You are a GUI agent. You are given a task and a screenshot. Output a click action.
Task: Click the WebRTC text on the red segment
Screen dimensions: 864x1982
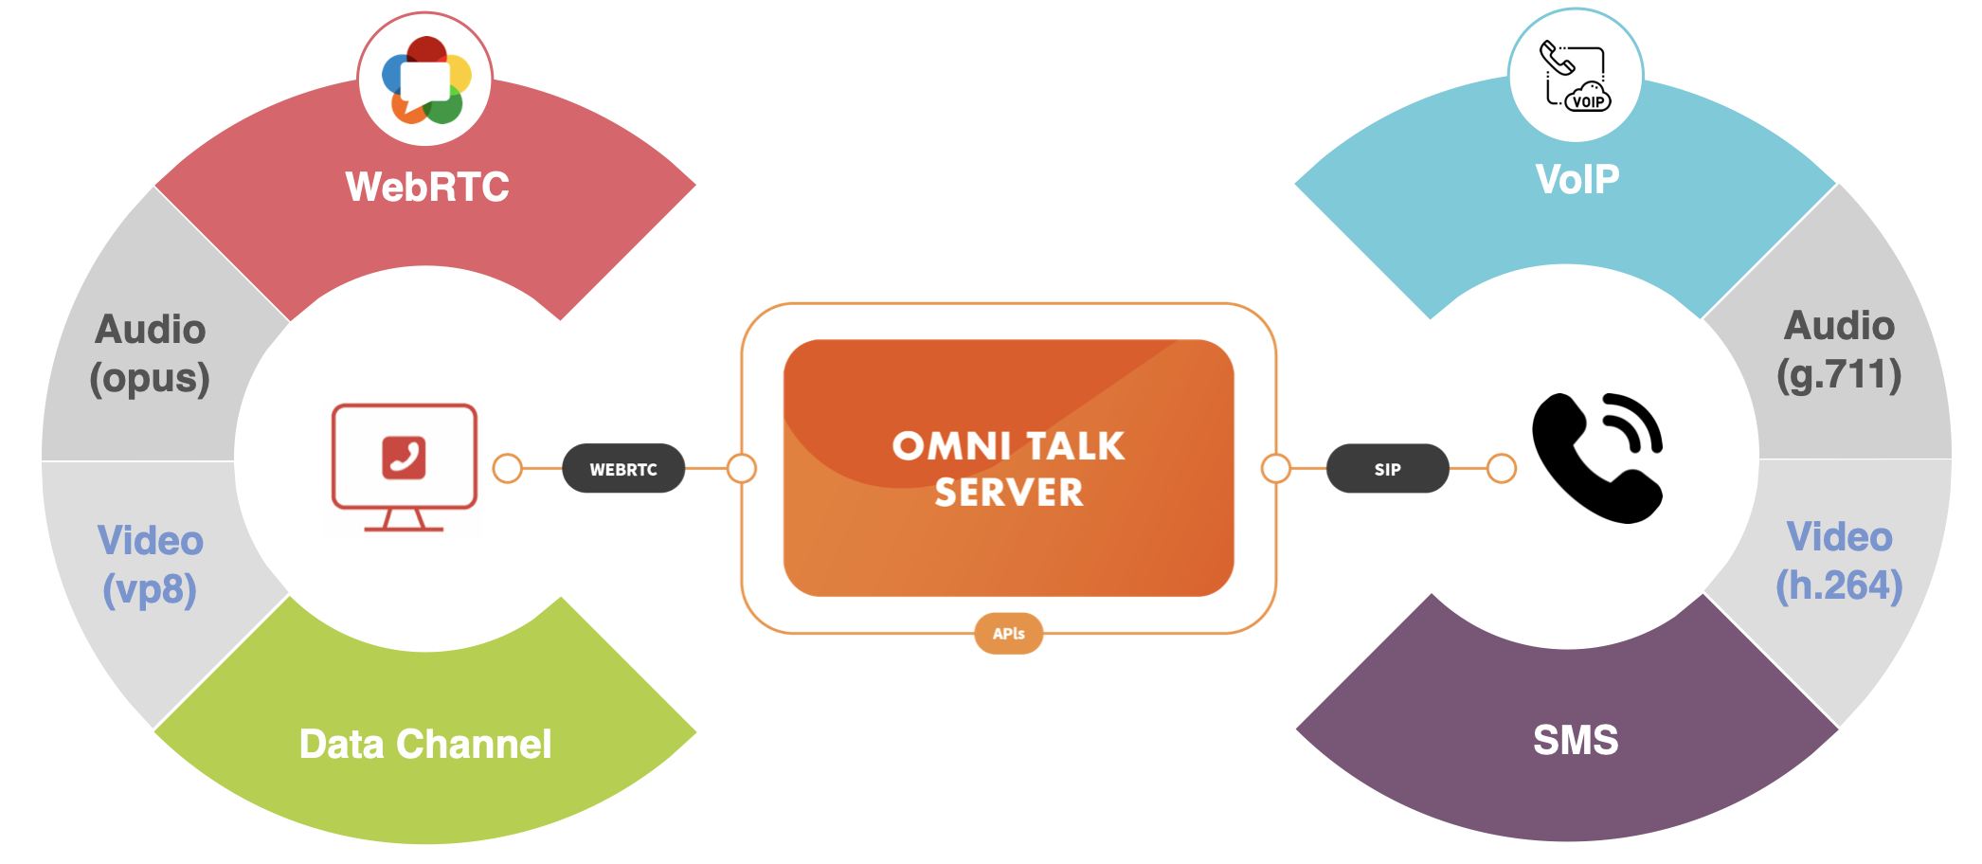(427, 187)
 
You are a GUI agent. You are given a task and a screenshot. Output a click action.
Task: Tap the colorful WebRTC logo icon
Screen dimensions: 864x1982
(425, 81)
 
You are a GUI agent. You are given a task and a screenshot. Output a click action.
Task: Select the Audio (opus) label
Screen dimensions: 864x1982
(150, 353)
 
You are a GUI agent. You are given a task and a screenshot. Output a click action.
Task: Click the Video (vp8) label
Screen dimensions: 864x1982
(150, 565)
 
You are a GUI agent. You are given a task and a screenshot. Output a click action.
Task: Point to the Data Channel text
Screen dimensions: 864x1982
(425, 744)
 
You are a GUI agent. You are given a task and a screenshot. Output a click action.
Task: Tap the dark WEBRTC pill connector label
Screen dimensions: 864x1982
(623, 469)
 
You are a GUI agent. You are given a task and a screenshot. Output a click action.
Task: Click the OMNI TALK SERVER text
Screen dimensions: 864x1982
(1009, 469)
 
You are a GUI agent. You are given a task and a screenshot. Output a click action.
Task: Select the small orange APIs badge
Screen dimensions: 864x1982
(1009, 634)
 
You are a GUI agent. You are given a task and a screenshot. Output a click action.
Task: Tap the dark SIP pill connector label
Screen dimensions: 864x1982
(1387, 469)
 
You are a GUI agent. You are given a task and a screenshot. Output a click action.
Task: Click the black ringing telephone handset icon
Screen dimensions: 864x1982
(1597, 458)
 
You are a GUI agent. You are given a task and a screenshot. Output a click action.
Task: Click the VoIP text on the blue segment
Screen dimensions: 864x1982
(1577, 179)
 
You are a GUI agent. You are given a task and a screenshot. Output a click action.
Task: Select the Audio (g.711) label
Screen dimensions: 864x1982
(1839, 350)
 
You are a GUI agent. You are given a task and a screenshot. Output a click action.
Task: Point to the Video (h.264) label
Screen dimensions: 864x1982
(1839, 561)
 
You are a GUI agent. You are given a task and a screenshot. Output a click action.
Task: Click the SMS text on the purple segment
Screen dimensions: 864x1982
(1576, 740)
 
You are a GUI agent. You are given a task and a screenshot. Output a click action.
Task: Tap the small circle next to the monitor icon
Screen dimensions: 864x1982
(508, 468)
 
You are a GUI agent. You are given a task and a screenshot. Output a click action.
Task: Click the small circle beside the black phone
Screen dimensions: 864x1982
(1502, 468)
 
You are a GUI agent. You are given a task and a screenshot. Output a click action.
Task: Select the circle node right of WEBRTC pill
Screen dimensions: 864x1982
(742, 468)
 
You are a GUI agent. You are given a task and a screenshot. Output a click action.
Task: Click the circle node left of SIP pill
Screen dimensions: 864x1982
(1276, 468)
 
